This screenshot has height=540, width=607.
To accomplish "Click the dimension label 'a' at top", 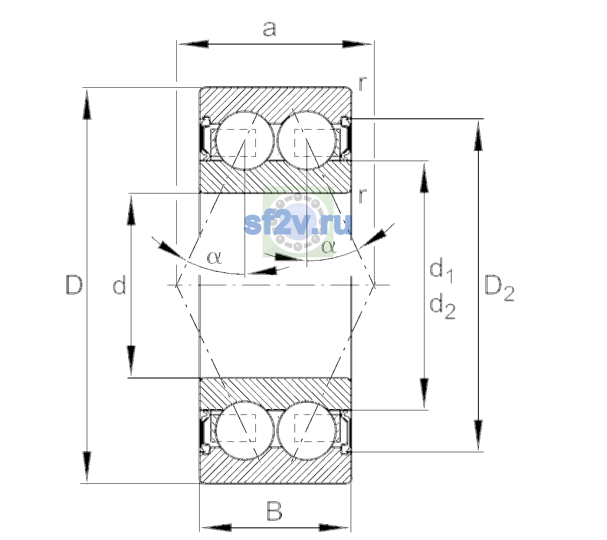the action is (x=269, y=29).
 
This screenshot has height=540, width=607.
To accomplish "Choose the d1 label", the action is (x=441, y=271).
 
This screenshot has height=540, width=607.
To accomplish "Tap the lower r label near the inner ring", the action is (x=362, y=196).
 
